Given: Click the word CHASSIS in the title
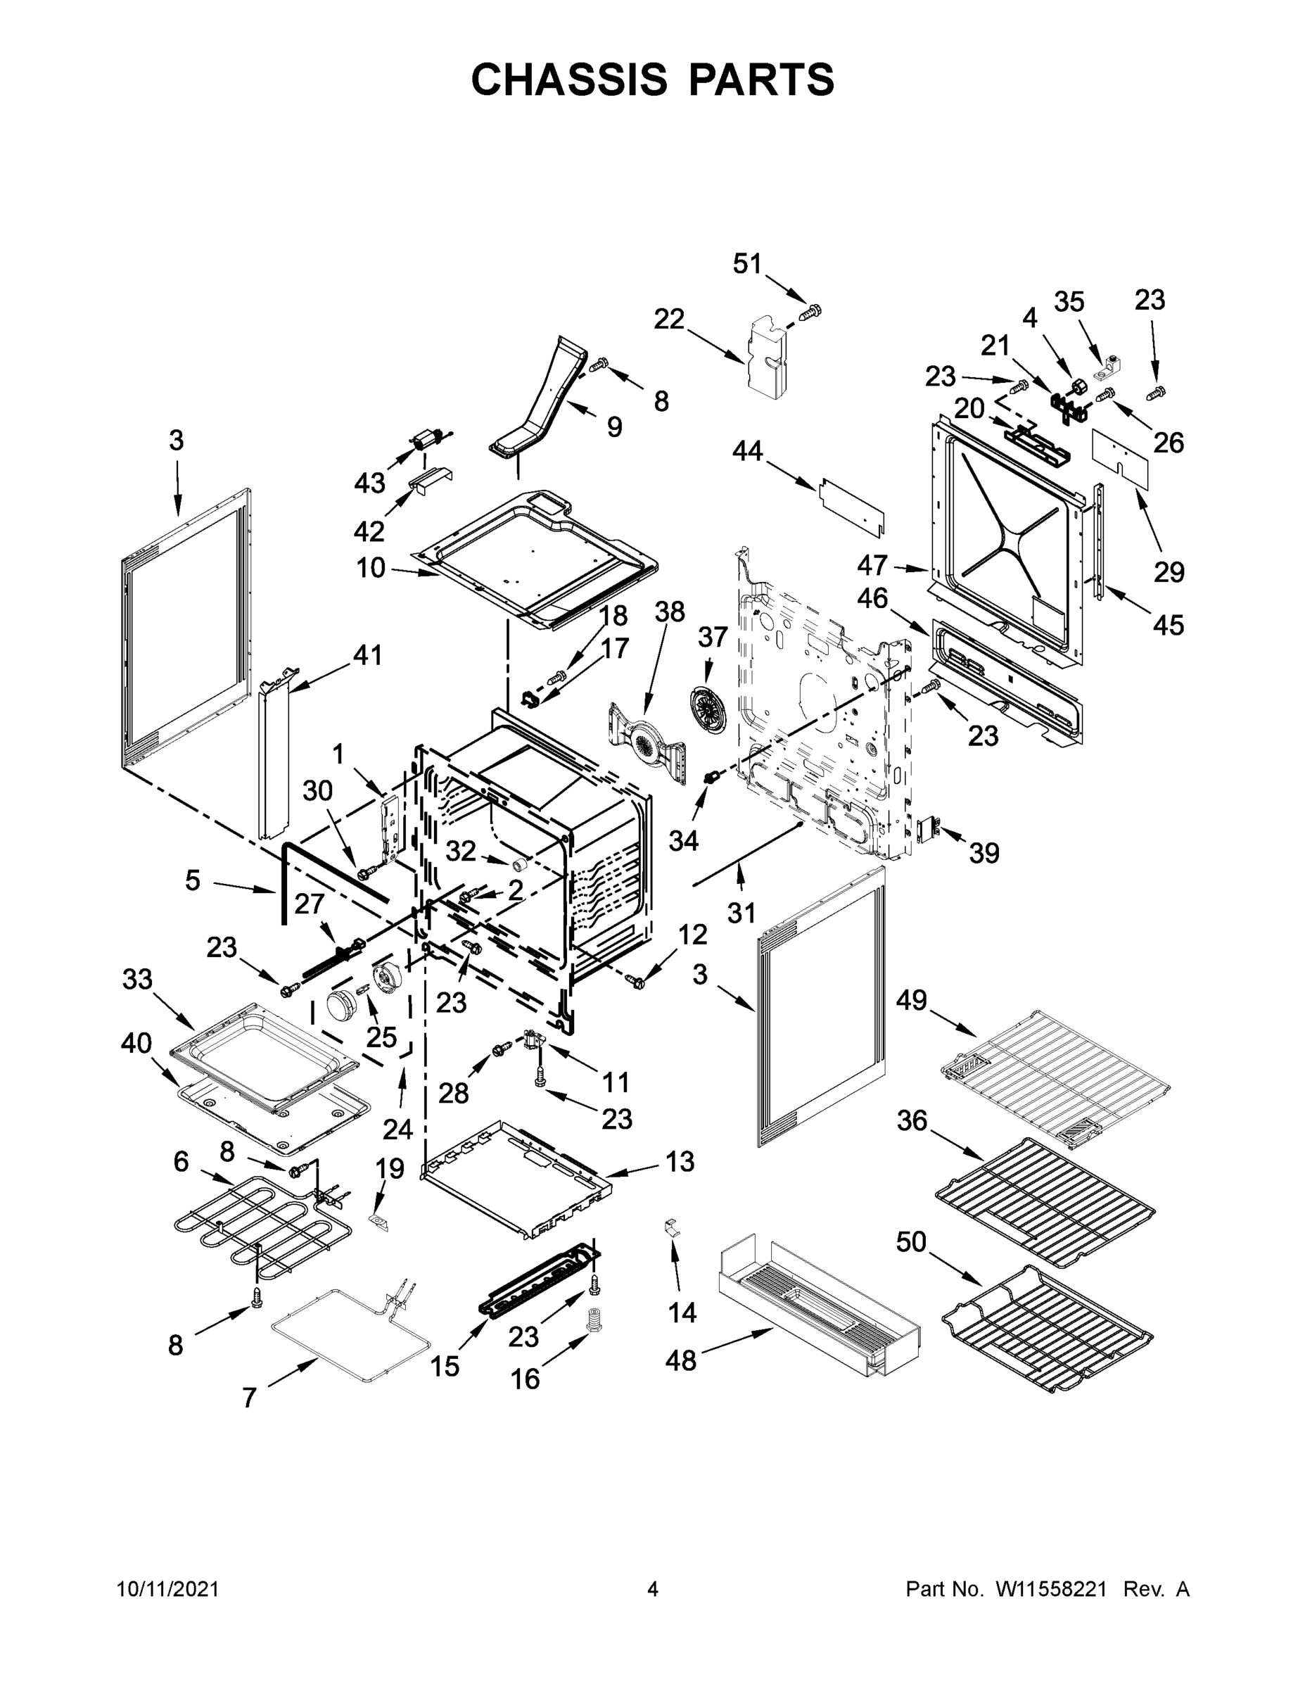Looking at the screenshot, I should point(568,80).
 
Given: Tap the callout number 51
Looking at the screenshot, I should point(747,264).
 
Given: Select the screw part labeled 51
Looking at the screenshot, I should point(810,312).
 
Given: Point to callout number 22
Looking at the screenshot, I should point(670,319).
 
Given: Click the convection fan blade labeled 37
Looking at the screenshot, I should point(709,705).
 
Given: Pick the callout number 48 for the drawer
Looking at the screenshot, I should point(680,1360).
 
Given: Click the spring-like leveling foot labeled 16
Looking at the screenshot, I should point(594,1320).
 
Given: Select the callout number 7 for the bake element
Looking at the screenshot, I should point(249,1398).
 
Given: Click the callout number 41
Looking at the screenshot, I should point(367,655).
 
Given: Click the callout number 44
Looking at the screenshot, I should point(748,450).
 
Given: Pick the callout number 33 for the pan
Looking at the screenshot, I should point(138,979).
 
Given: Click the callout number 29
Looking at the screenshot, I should point(1169,572).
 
